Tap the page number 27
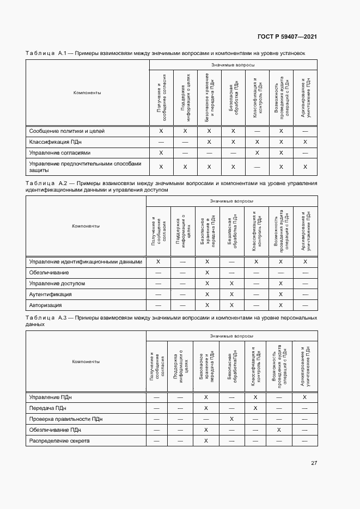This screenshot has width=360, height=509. pos(314,463)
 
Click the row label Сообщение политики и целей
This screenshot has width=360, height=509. pos(67,131)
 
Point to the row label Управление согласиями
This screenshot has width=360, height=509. pos(60,152)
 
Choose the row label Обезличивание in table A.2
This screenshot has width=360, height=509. pos(49,272)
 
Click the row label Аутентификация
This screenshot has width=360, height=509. pos(51,294)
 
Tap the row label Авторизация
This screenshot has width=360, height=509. pos(46,305)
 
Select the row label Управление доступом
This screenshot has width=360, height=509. pos(57,283)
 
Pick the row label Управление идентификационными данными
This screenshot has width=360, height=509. pos(86,261)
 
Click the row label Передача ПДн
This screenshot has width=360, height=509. pos(48,408)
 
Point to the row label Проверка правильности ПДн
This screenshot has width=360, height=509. pos(66,419)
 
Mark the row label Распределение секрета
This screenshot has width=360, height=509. pos(59,440)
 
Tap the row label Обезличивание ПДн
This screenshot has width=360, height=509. pos(55,430)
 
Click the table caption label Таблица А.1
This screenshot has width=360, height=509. pos(46,53)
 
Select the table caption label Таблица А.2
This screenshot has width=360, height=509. pos(46,183)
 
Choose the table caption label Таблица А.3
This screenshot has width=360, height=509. pos(46,317)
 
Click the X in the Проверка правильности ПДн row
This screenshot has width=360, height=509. pos(231,419)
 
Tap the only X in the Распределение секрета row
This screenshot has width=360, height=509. pos(206,440)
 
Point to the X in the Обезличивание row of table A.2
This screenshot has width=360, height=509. pos(207,272)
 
